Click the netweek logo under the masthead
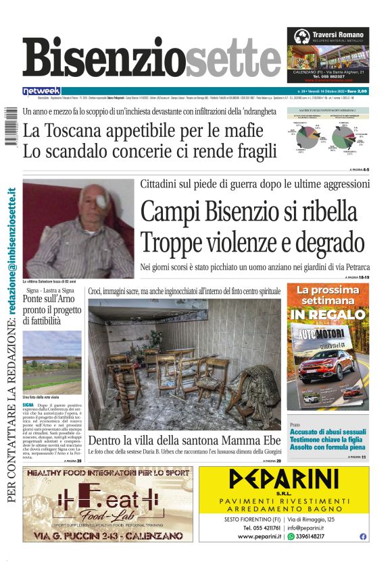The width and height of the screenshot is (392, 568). tap(42, 91)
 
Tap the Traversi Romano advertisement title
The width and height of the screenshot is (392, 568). tap(339, 34)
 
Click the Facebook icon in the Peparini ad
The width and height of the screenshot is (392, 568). tap(363, 536)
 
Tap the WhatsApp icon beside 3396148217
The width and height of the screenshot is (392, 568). tap(291, 536)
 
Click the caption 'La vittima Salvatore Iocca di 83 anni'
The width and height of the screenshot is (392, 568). tap(54, 280)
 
